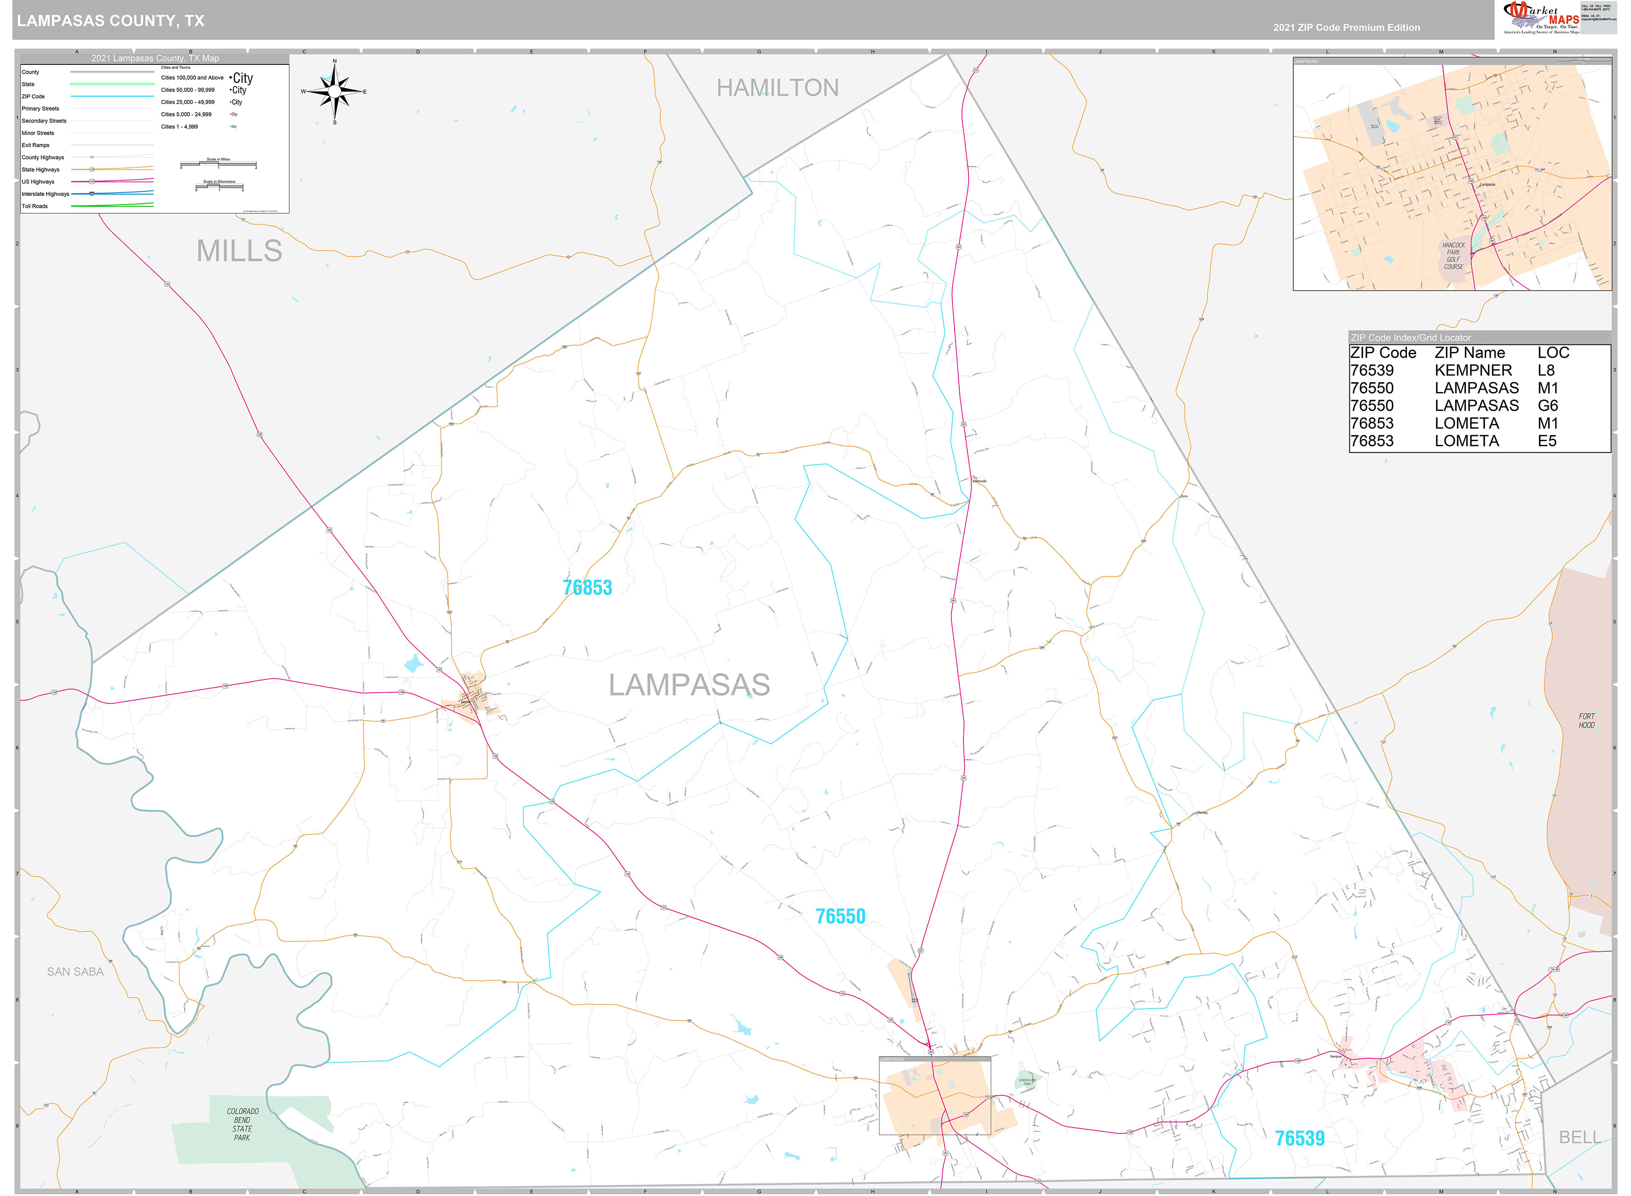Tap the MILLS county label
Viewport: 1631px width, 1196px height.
coord(239,251)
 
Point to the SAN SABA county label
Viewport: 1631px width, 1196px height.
coord(75,972)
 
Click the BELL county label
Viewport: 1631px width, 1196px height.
coord(1579,1138)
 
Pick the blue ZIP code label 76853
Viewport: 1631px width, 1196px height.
coord(587,587)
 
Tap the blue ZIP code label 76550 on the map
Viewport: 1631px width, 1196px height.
coord(840,916)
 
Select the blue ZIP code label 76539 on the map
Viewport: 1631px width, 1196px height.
coord(1299,1138)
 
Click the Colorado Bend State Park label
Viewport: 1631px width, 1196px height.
coord(242,1124)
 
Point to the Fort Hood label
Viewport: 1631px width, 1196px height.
coord(1586,720)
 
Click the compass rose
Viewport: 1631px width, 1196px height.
coord(334,91)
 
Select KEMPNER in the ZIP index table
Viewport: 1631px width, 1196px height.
coord(1473,370)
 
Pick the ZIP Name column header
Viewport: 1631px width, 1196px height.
coord(1470,352)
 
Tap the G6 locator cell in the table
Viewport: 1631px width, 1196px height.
coord(1548,405)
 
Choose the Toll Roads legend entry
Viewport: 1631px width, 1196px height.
coord(35,207)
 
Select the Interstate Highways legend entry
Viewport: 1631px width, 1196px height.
coord(46,194)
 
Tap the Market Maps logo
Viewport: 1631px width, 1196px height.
coord(1540,18)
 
